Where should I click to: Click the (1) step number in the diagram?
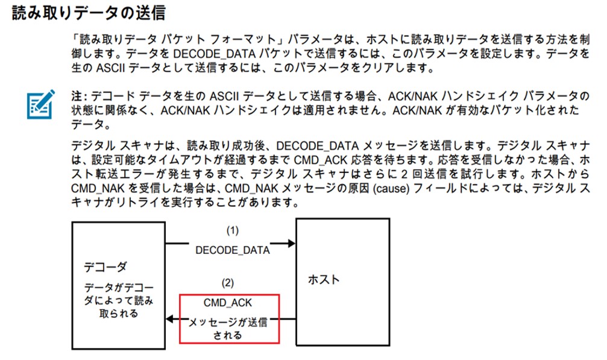coord(233,230)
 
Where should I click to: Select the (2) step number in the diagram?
coord(228,282)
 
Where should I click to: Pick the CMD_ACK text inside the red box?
coord(229,302)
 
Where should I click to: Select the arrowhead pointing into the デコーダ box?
coord(171,319)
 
